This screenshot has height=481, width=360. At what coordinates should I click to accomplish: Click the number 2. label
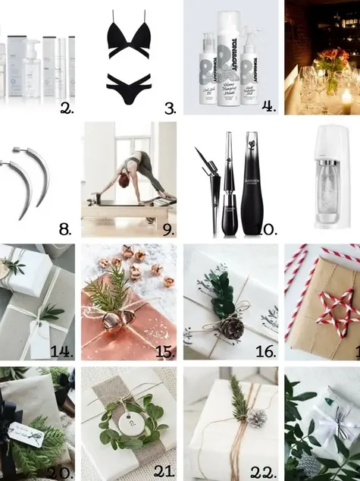pyautogui.click(x=67, y=108)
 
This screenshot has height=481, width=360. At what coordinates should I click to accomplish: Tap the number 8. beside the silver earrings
pyautogui.click(x=67, y=228)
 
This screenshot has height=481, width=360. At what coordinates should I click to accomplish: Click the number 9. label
pyautogui.click(x=168, y=228)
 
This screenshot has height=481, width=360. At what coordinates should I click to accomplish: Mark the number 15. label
pyautogui.click(x=165, y=351)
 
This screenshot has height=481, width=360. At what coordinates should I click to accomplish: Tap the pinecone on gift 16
pyautogui.click(x=232, y=329)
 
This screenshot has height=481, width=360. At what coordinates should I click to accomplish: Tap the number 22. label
pyautogui.click(x=265, y=472)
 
